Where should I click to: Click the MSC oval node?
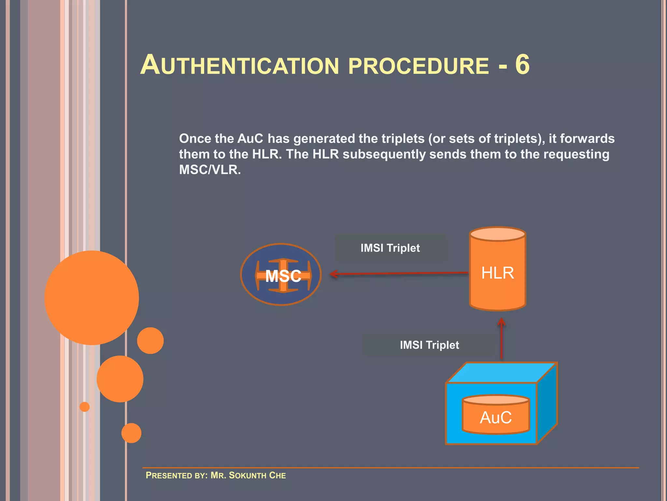(281, 275)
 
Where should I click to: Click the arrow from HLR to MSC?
(399, 273)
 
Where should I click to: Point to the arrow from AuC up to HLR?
(502, 339)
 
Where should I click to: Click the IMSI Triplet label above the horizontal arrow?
(390, 248)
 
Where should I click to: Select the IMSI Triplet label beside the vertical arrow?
(429, 345)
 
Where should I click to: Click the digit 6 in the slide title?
(522, 65)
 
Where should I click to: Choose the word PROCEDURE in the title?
(419, 66)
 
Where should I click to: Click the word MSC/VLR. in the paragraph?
(210, 170)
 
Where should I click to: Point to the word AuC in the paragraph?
(250, 139)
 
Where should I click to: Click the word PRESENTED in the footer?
(168, 475)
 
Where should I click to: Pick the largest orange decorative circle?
(92, 297)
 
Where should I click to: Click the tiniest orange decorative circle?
(85, 407)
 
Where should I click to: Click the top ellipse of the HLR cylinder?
(497, 234)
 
